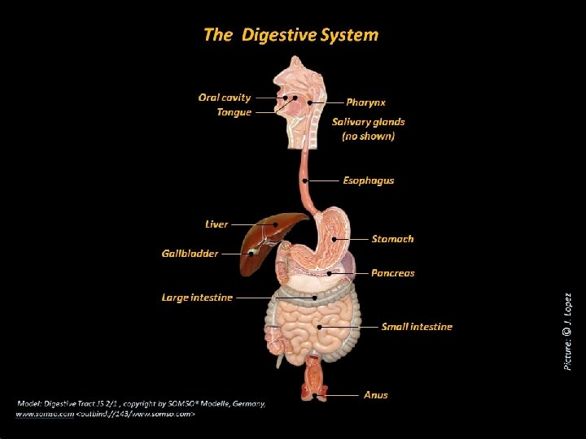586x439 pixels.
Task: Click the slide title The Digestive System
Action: point(291,35)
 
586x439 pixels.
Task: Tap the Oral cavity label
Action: point(225,98)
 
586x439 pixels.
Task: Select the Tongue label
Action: point(234,112)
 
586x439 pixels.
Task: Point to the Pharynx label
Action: point(365,102)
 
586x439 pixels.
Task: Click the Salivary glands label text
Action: point(368,122)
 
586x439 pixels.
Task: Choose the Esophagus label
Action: point(368,180)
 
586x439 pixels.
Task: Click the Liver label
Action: point(216,224)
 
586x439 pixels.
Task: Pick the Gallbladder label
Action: point(190,254)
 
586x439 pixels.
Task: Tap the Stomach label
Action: point(392,239)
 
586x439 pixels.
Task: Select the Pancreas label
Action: point(392,273)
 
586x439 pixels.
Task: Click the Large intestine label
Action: point(197,298)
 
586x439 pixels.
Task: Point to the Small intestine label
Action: point(417,327)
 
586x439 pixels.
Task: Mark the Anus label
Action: point(375,395)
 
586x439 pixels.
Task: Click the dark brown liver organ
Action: point(273,233)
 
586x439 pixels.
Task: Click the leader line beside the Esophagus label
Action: point(323,180)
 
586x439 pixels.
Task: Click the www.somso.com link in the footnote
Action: point(44,414)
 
